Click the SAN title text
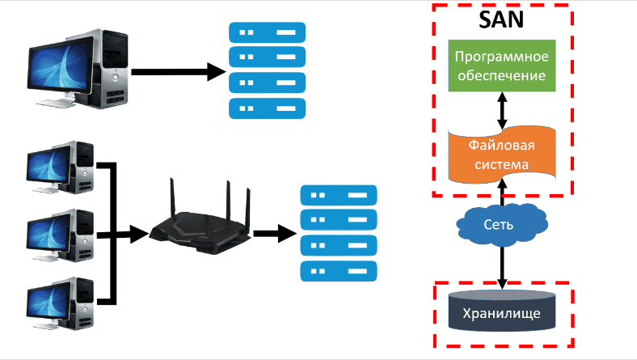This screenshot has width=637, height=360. pyautogui.click(x=501, y=19)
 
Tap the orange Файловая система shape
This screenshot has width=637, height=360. pyautogui.click(x=502, y=154)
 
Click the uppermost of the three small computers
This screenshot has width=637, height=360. pyautogui.click(x=59, y=165)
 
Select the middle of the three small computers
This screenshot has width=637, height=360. pyautogui.click(x=59, y=233)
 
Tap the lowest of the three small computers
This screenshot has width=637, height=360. pyautogui.click(x=59, y=302)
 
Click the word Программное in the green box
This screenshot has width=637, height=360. pyautogui.click(x=502, y=57)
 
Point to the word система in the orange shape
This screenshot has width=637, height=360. pyautogui.click(x=502, y=164)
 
